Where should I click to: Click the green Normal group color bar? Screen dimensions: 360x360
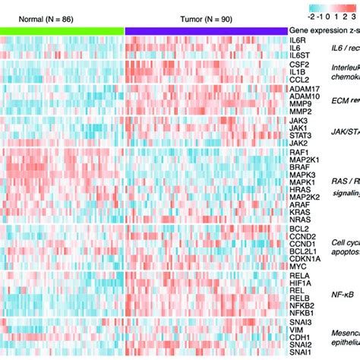pos(62,28)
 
